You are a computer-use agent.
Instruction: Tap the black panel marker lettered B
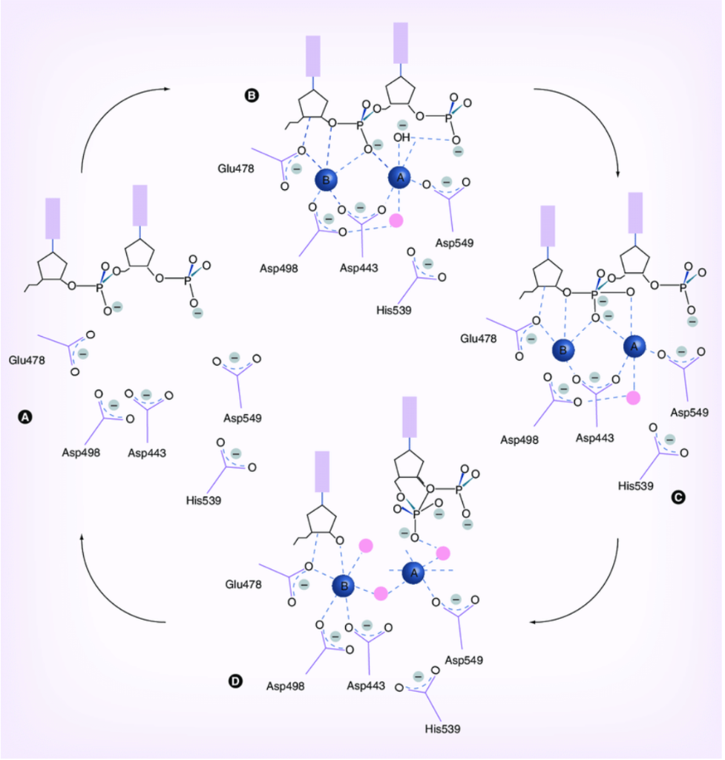(x=252, y=95)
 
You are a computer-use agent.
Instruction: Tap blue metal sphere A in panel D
(x=414, y=573)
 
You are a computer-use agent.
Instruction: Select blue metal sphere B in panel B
(x=325, y=180)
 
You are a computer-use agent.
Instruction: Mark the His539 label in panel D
(x=442, y=729)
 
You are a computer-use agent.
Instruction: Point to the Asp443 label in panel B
(x=360, y=267)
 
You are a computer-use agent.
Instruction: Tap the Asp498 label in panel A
(x=81, y=451)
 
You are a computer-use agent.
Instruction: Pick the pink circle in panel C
(x=633, y=398)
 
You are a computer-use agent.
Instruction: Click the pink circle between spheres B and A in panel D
(x=381, y=593)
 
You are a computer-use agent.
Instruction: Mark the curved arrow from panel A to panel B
(x=111, y=119)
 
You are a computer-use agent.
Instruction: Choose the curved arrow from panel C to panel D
(x=594, y=594)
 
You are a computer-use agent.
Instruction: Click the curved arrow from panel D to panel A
(x=111, y=586)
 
